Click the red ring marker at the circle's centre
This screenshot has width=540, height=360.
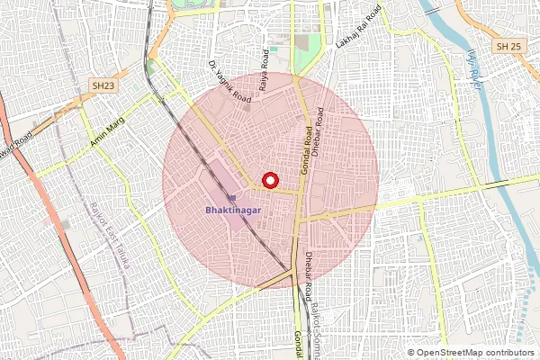(268, 180)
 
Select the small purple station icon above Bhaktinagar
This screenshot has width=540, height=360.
(232, 197)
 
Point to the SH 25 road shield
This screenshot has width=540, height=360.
(508, 45)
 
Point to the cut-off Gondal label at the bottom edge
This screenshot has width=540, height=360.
(299, 345)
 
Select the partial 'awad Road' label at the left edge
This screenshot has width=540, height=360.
(15, 147)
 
